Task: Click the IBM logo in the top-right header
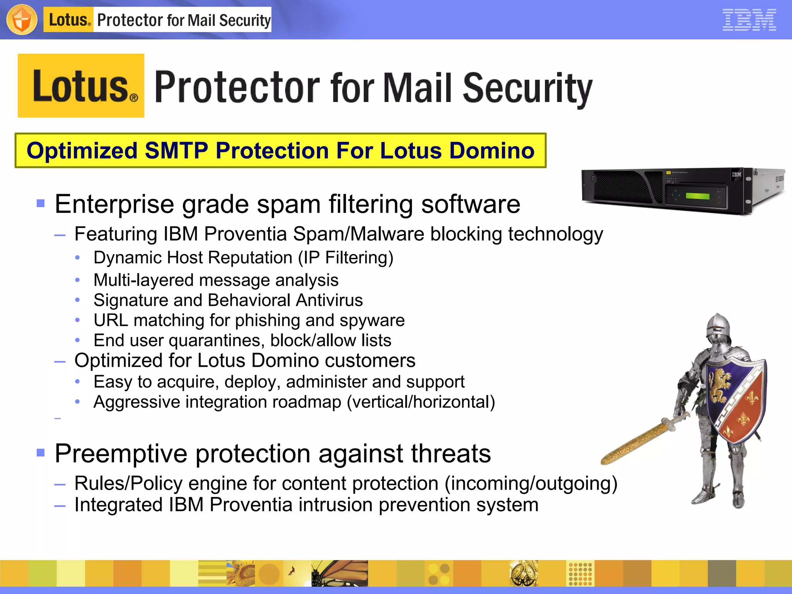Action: [749, 20]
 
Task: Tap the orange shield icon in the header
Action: [22, 20]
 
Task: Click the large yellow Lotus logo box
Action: [81, 86]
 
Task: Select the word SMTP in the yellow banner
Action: [176, 150]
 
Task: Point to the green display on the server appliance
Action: [697, 196]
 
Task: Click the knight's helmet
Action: [718, 329]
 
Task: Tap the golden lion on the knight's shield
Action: [720, 385]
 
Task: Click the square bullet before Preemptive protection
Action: [41, 452]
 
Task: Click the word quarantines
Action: [217, 340]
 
